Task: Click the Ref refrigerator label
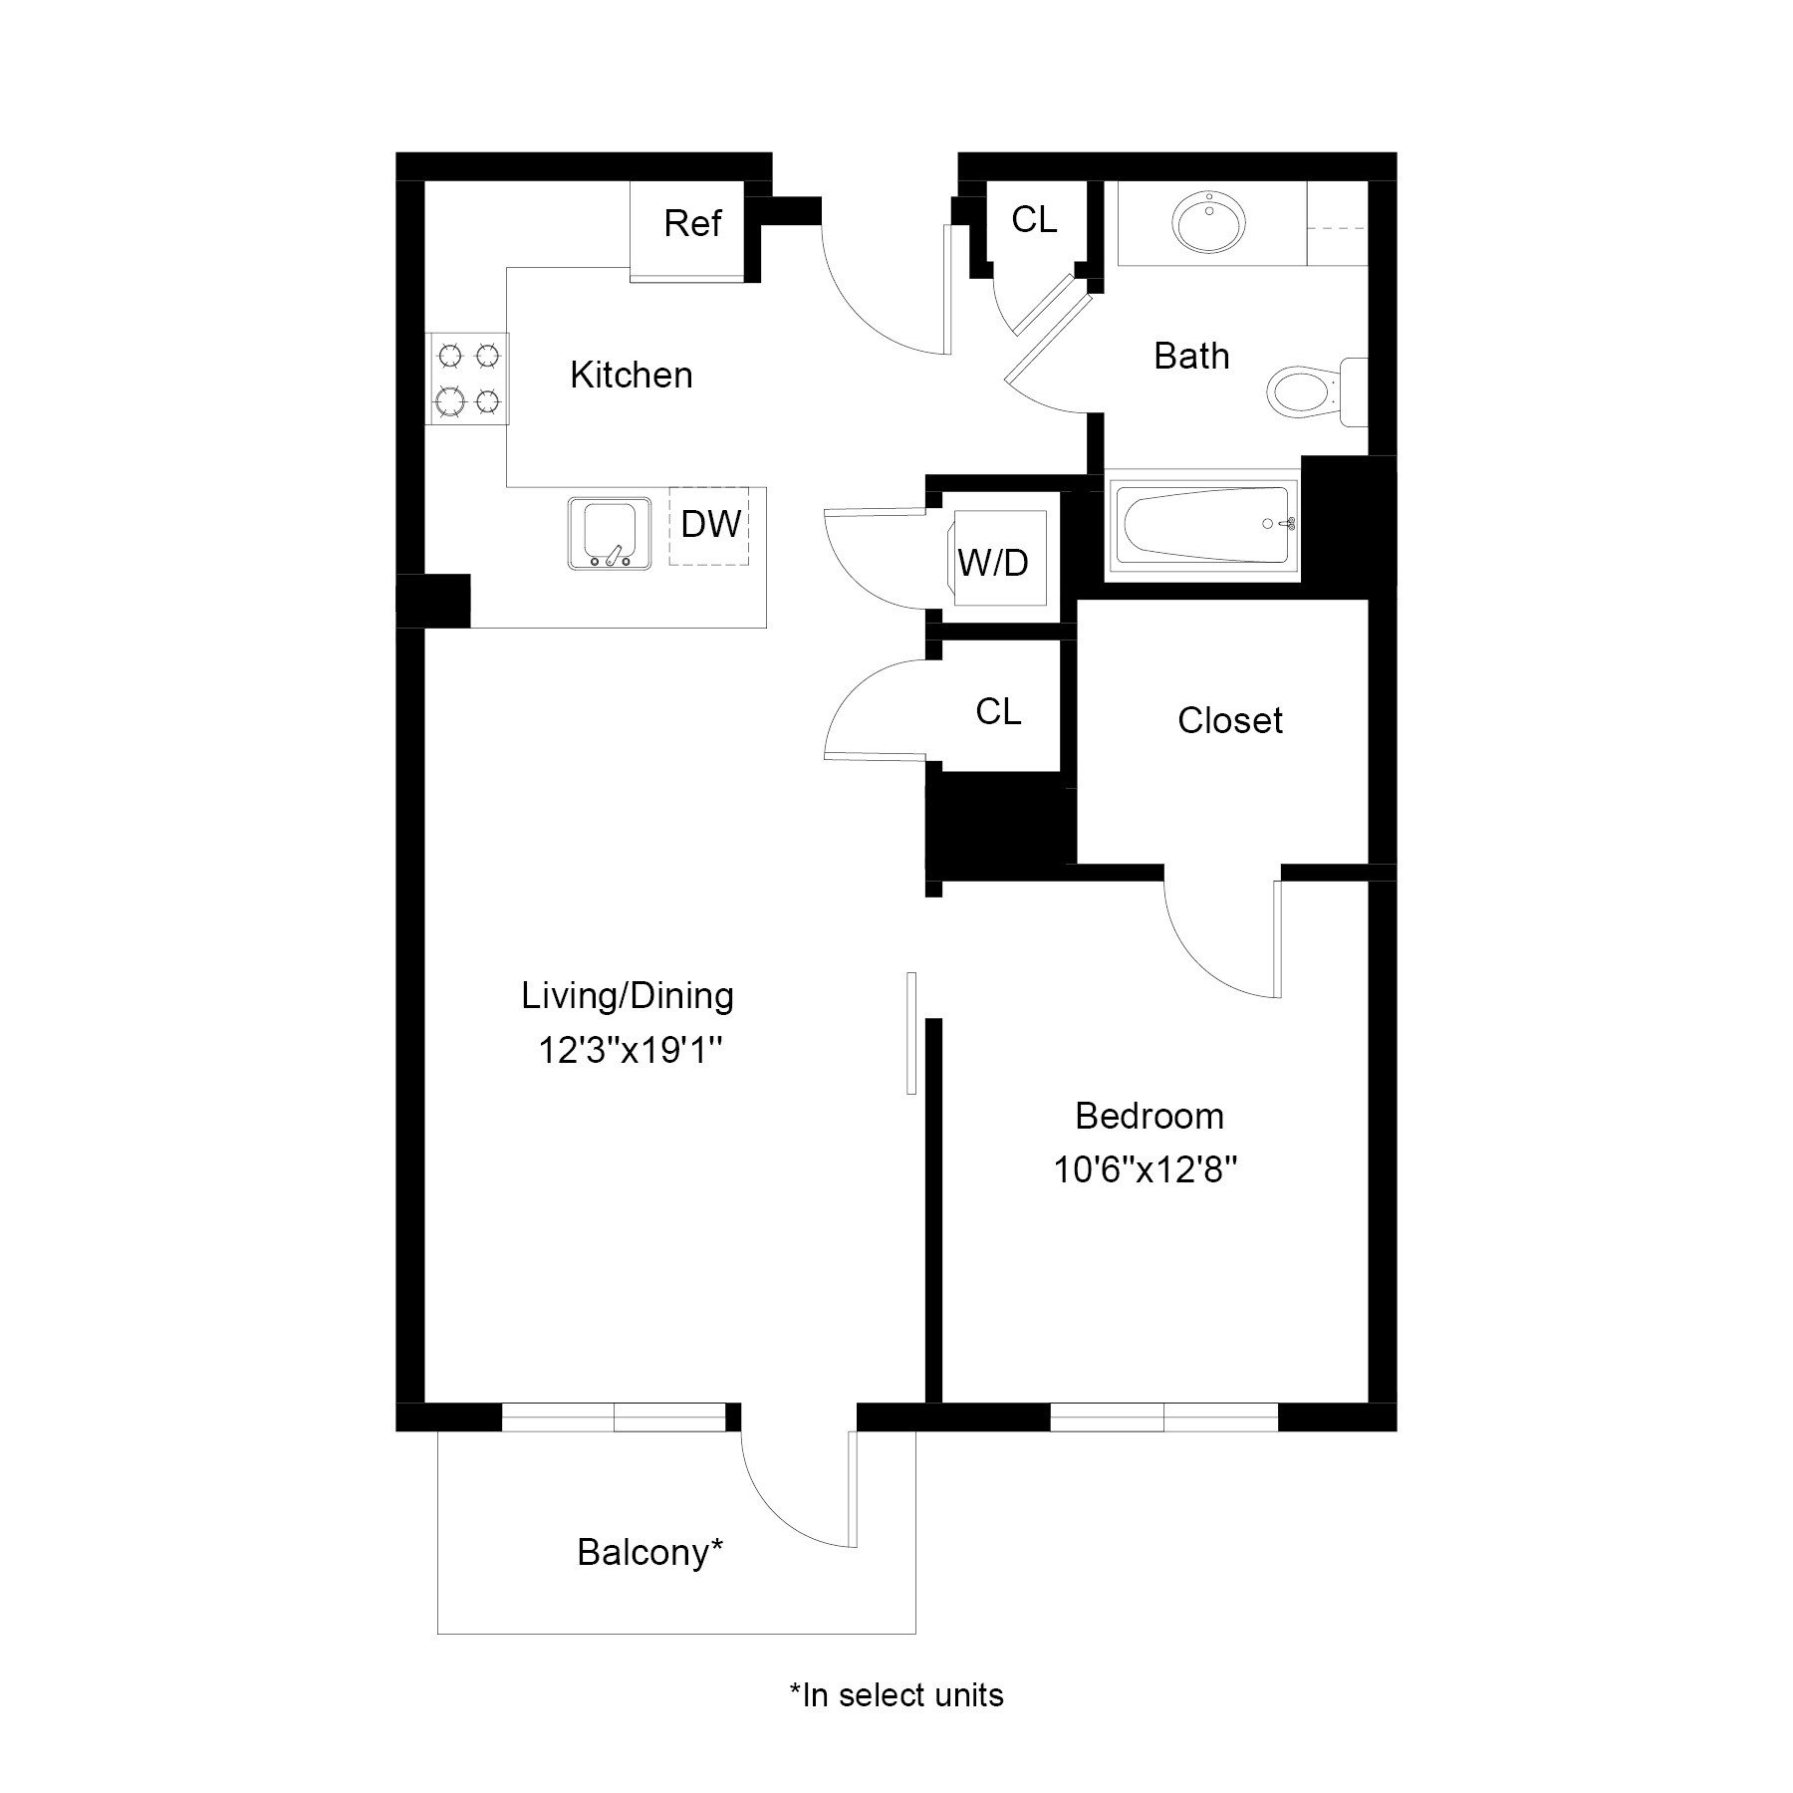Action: (691, 223)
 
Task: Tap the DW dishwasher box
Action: (709, 525)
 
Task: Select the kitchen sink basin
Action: (609, 533)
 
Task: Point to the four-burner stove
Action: (467, 378)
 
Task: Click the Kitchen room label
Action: (631, 376)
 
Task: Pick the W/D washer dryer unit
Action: (995, 559)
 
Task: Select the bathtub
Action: (1203, 527)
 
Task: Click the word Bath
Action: (1191, 357)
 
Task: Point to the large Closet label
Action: (1229, 720)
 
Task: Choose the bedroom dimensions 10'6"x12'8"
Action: (1146, 1170)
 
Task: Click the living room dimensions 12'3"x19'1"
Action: (630, 1051)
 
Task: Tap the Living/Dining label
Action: (628, 996)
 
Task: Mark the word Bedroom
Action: (1149, 1116)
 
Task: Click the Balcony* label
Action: (649, 1552)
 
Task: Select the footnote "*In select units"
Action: (896, 1694)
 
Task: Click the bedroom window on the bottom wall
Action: (1163, 1415)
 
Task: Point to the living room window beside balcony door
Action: (614, 1415)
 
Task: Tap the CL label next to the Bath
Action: (1034, 220)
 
